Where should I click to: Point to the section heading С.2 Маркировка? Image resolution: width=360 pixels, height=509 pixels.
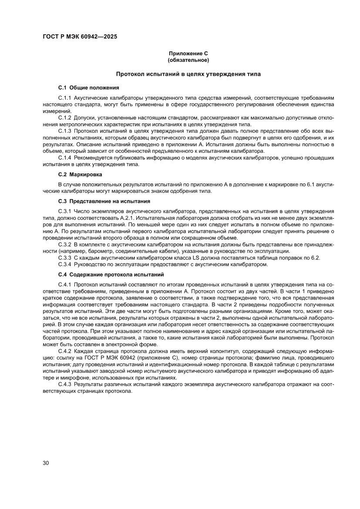tap(80, 174)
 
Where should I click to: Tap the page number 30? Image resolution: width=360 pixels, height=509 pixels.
tap(46, 463)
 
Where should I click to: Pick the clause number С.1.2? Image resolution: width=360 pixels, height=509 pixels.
tap(65, 118)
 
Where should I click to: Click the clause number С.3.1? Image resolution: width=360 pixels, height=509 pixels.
tap(65, 211)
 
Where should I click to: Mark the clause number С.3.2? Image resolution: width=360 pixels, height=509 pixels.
tap(65, 245)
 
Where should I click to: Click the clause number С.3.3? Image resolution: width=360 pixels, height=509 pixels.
tap(65, 258)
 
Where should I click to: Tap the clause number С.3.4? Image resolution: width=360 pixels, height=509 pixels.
tap(65, 264)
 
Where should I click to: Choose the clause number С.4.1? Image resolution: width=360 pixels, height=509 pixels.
tap(65, 284)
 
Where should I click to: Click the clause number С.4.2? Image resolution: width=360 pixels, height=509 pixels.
tap(65, 351)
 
